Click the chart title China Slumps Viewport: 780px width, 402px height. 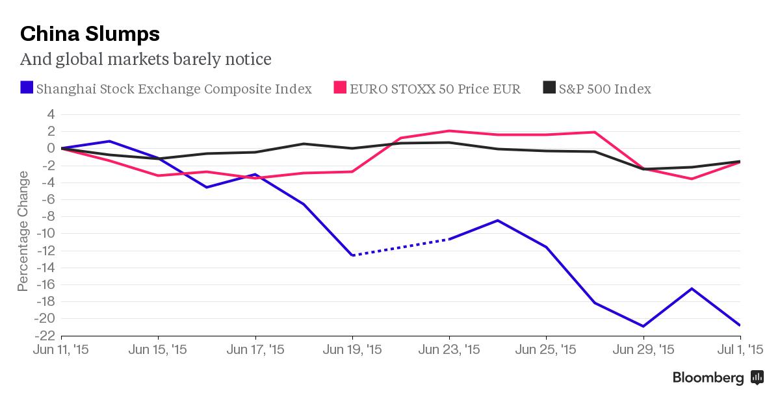[x=90, y=33]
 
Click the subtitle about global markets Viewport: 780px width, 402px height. [x=146, y=60]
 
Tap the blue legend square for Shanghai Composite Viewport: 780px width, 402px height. [x=27, y=88]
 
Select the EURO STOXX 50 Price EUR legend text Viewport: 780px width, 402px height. [x=435, y=89]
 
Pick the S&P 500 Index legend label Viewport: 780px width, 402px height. [x=604, y=89]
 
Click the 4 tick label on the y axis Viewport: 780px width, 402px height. [x=50, y=114]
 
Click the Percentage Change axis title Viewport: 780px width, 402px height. [x=23, y=231]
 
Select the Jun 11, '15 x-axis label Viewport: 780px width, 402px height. [x=60, y=350]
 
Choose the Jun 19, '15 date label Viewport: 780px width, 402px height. [x=352, y=350]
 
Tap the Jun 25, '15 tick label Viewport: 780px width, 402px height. [x=545, y=350]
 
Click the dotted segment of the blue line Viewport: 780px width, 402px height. [x=400, y=247]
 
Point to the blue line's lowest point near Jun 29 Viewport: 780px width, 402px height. [x=643, y=326]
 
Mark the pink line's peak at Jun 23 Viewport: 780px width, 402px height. [x=448, y=131]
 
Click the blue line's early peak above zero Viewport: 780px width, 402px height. [x=109, y=141]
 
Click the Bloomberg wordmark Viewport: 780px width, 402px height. [x=708, y=377]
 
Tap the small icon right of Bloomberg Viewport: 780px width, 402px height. [x=757, y=377]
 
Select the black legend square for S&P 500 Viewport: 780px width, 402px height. [x=549, y=88]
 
